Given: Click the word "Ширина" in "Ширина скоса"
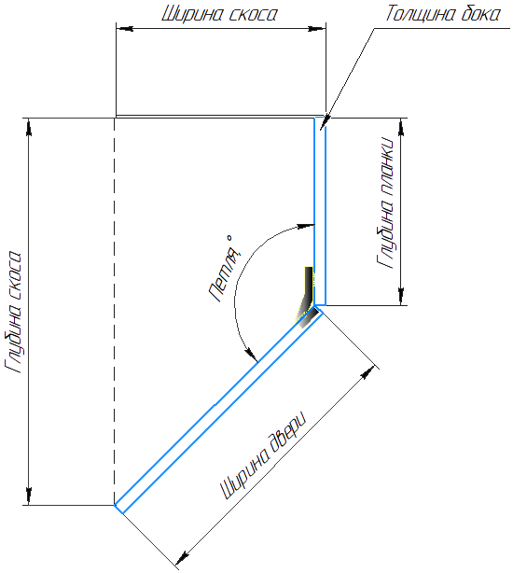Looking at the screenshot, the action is coord(192,14).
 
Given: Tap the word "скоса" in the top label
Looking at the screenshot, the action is coord(254,15).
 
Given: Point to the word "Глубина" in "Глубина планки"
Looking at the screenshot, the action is coord(385,233).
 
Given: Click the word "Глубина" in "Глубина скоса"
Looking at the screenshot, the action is coord(13,337).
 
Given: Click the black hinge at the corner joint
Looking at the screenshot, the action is coord(307,297).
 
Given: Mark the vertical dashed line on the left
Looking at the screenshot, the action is coord(115,312).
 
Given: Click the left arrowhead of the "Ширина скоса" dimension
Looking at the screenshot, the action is coord(124,28).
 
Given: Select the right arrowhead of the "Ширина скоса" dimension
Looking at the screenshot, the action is coord(317,28).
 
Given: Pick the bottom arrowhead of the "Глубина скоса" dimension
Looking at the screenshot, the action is coord(29,496).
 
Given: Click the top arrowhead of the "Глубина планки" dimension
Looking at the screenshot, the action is coord(401,127).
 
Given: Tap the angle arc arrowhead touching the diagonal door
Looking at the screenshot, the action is coord(251,353).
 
